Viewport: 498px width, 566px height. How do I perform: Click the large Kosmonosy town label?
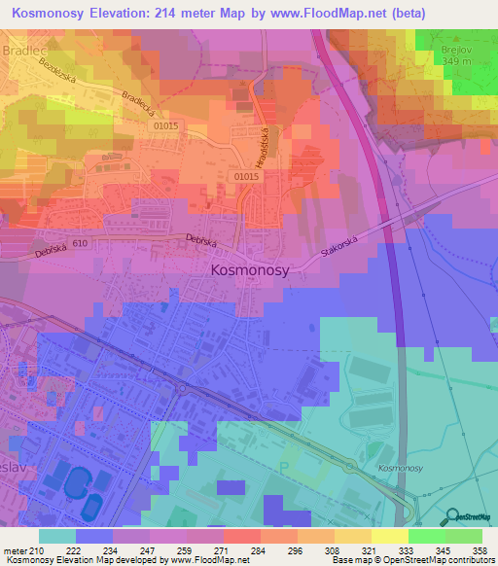click(x=250, y=272)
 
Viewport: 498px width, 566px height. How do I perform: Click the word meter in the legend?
click(x=15, y=549)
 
